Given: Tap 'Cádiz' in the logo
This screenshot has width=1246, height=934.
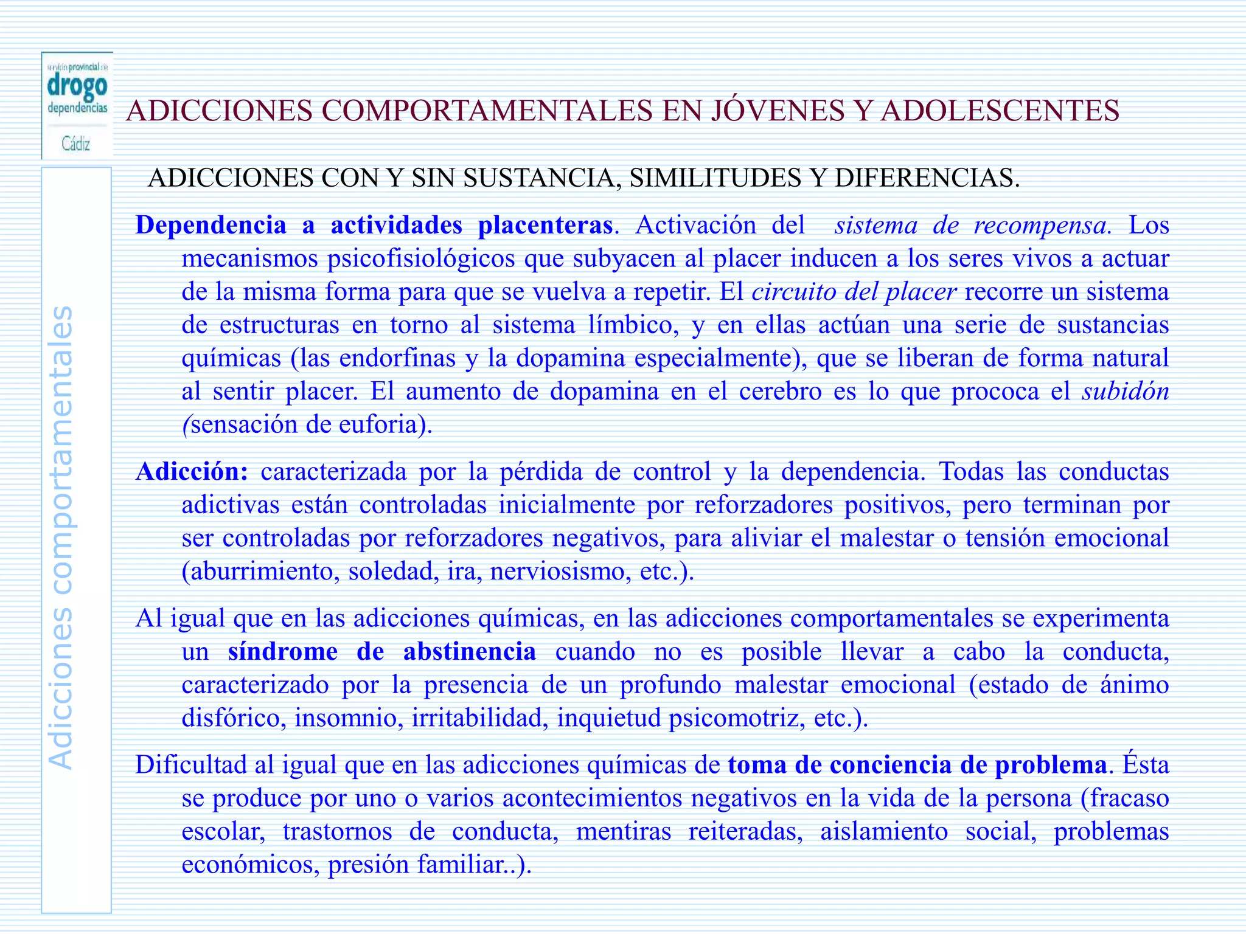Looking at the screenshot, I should (76, 144).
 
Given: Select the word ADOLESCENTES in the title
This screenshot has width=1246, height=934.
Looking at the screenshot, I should (1000, 111).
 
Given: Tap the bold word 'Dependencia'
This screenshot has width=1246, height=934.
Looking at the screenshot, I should (211, 225).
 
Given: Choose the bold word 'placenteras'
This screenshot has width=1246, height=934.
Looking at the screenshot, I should (545, 225).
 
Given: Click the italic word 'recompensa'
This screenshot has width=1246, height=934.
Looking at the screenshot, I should (1040, 226).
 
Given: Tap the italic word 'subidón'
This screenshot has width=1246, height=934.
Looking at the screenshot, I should (1126, 391).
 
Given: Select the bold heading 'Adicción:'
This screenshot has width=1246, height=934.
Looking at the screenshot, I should (192, 471).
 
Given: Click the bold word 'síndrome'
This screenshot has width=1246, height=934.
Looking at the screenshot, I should (283, 652).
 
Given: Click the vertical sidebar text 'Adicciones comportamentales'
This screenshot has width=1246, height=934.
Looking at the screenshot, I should (61, 538).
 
